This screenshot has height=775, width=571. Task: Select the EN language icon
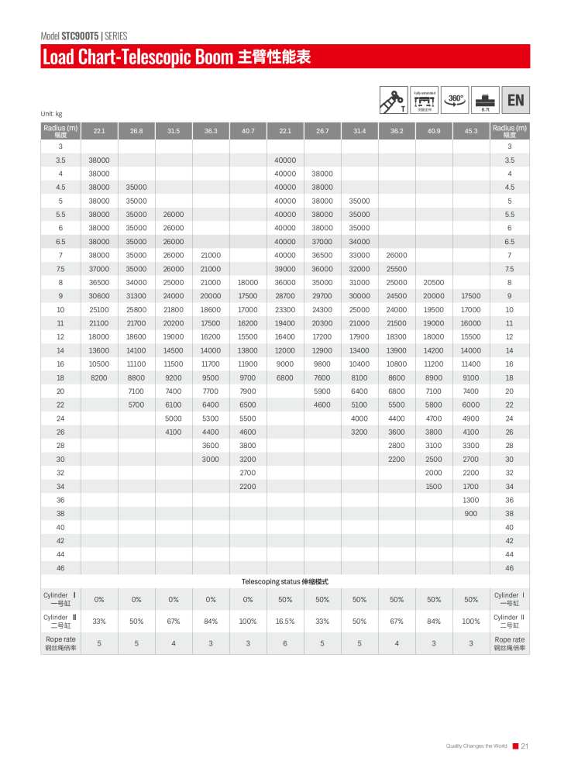point(515,100)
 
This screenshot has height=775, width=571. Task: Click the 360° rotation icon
point(456,99)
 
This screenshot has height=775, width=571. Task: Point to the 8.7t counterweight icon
point(486,101)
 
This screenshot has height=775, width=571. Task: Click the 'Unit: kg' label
point(51,115)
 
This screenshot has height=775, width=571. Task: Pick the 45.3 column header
point(471,131)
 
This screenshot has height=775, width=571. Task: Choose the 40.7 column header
point(248,131)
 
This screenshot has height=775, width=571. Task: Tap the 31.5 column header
point(174,131)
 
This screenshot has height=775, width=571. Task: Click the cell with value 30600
point(99,295)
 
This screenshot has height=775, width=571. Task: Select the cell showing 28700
point(285,295)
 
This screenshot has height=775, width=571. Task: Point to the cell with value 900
point(471,513)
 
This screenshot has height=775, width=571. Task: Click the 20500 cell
point(434,282)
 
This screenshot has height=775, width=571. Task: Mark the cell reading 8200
point(99,377)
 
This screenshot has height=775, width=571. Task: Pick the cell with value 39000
point(285,268)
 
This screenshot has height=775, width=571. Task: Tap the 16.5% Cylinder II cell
point(285,622)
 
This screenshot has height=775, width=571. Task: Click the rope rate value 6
point(285,643)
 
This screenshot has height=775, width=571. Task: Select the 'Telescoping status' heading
point(285,581)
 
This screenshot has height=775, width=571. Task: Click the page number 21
point(525,746)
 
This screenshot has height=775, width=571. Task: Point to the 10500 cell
point(99,363)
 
